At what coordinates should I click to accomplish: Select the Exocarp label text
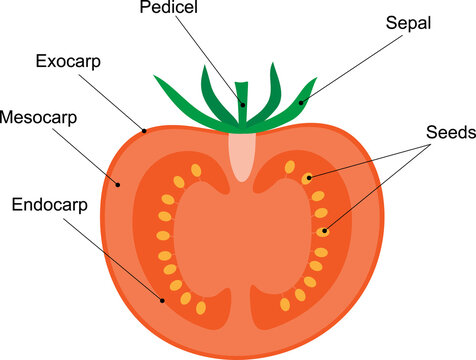tap(69, 62)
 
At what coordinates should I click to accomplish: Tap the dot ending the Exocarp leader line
tap(146, 128)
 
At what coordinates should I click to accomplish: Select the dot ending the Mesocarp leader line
tap(118, 183)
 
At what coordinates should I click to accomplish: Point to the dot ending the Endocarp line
tap(161, 297)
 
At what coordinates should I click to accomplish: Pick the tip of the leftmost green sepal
tap(154, 76)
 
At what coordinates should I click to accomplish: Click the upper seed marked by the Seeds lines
tap(309, 178)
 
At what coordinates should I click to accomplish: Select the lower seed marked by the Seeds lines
tap(323, 231)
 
